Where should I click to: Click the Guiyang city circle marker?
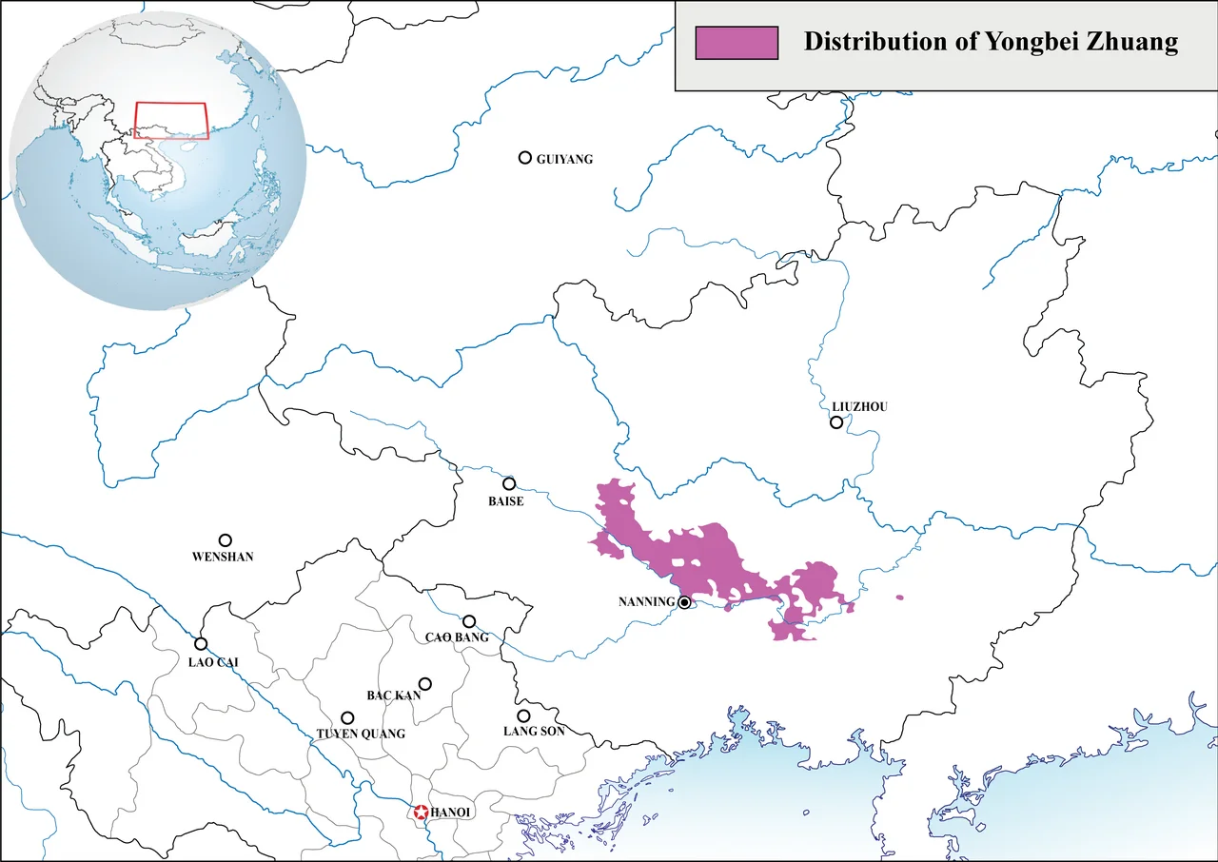click(524, 157)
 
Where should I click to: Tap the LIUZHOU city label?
click(859, 406)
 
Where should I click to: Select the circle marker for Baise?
click(509, 483)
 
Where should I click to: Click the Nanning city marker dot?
click(684, 601)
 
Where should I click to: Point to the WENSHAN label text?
click(223, 557)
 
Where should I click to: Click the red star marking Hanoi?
click(420, 813)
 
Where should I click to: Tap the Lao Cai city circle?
click(201, 643)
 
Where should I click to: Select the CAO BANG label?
click(457, 637)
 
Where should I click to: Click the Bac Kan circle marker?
click(425, 683)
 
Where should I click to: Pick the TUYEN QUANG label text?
click(361, 734)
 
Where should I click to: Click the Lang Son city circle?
click(523, 715)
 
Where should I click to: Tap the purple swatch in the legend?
click(737, 43)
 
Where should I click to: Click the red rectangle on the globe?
click(171, 120)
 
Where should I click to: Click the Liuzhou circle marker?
click(836, 422)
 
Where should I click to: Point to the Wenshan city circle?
click(226, 539)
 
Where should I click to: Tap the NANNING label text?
click(646, 602)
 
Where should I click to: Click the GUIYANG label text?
click(564, 159)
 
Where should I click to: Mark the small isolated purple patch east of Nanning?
click(899, 598)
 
